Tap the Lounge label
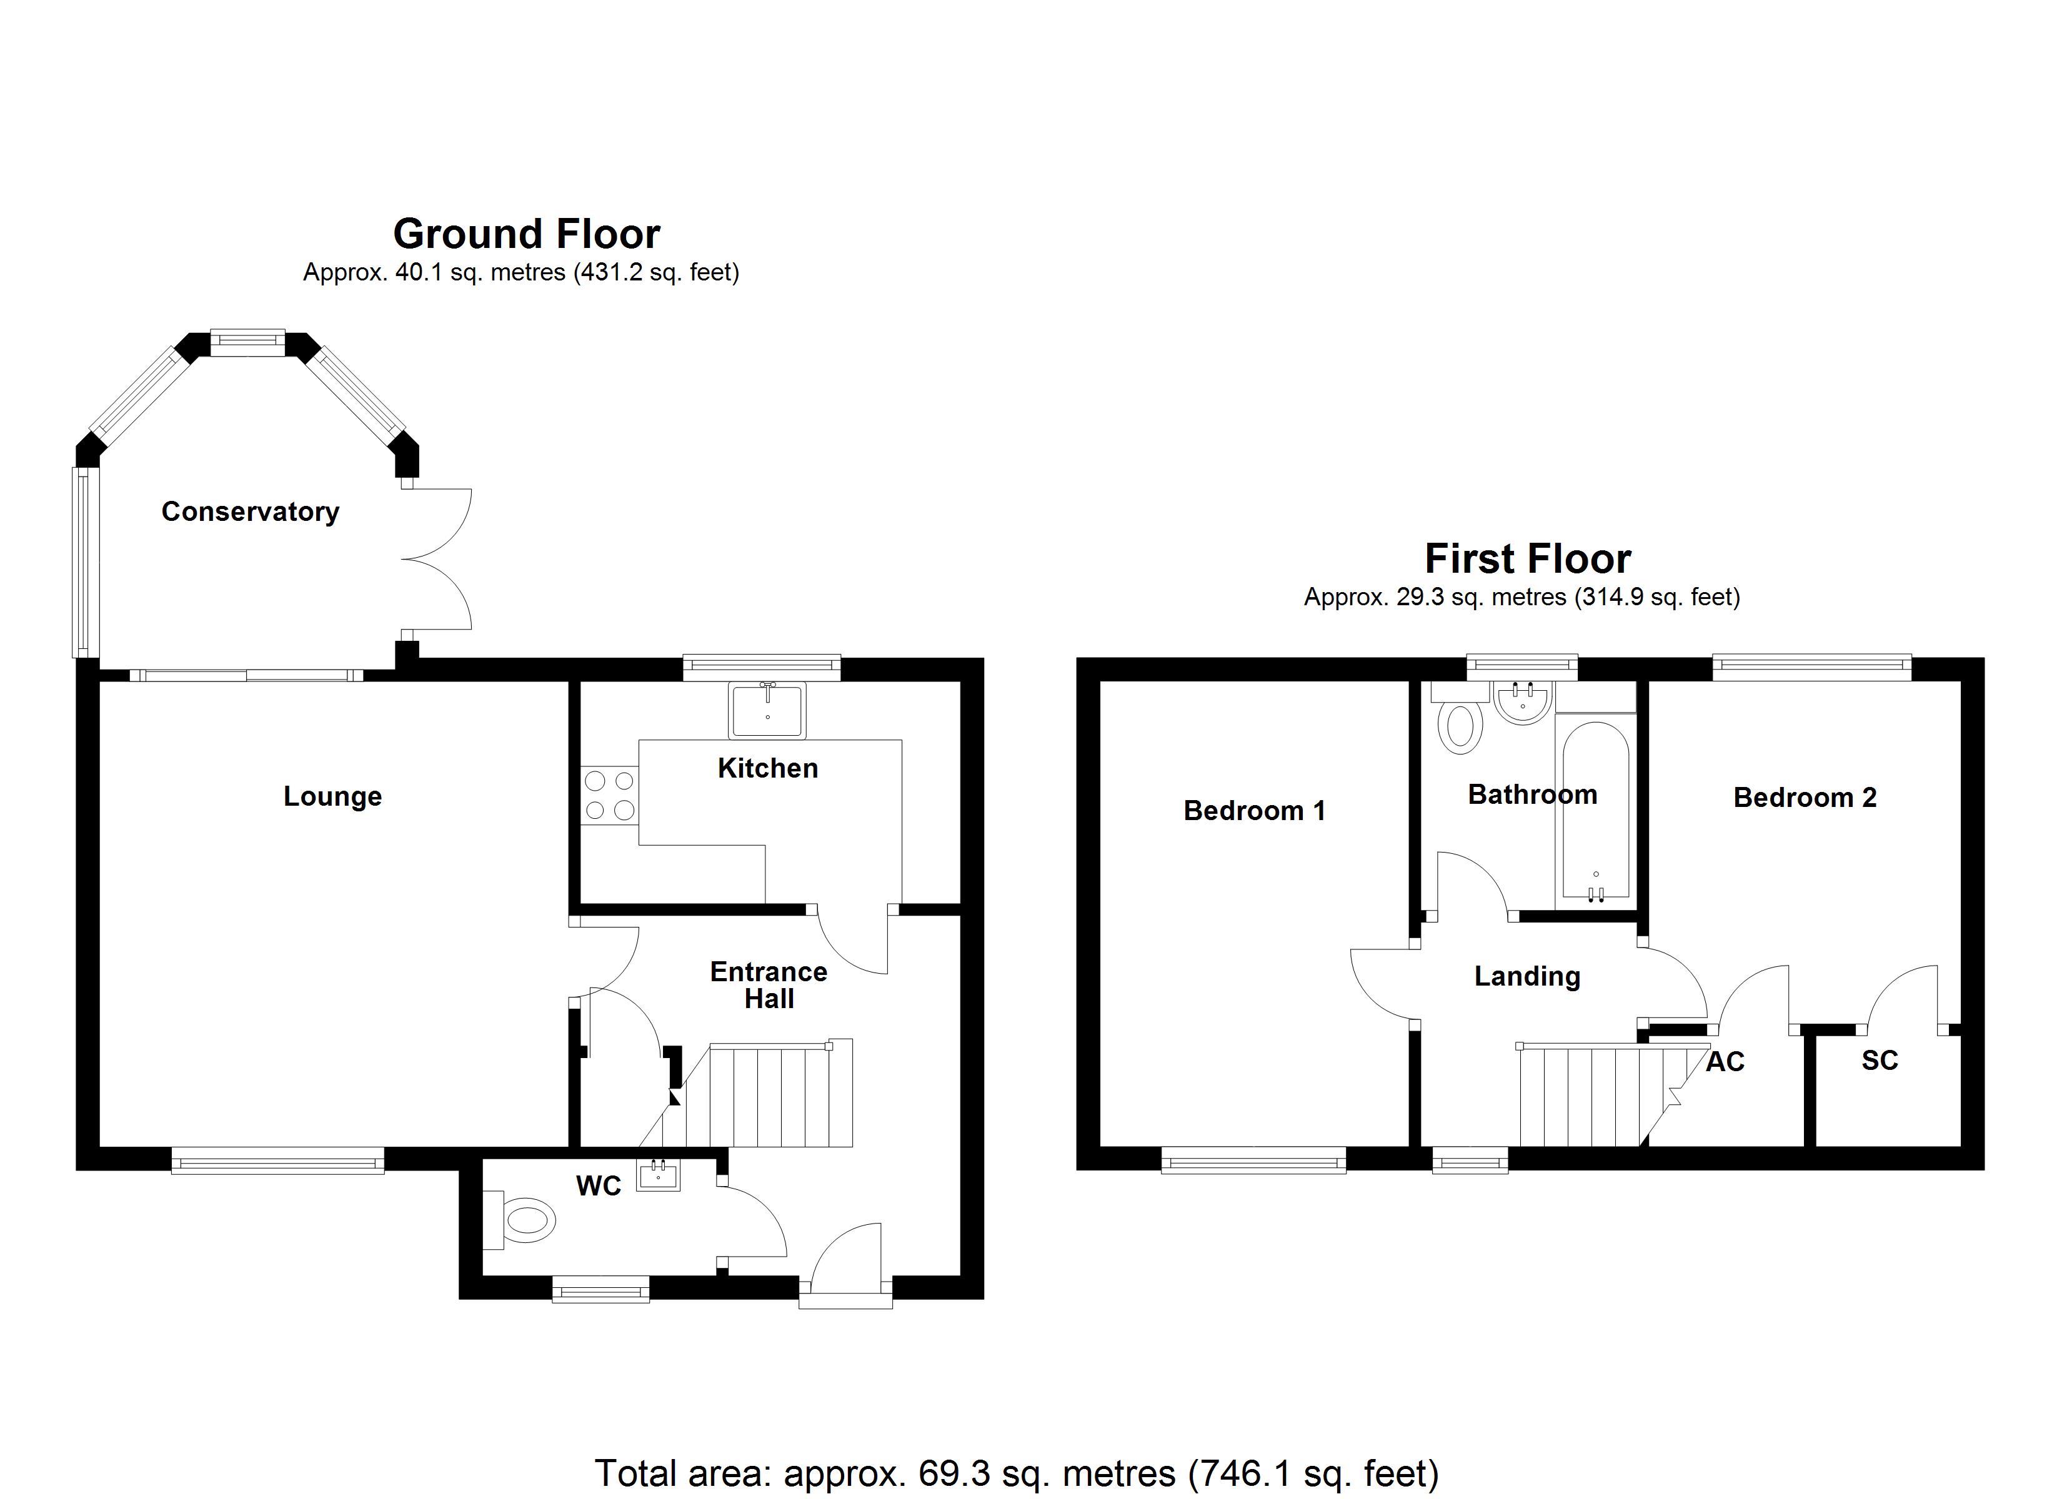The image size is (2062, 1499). click(333, 796)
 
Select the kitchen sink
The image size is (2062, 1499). click(767, 711)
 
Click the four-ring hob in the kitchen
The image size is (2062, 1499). click(609, 794)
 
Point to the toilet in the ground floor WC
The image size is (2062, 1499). click(527, 1219)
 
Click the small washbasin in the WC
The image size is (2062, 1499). click(657, 1176)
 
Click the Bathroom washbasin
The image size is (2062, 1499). click(1521, 704)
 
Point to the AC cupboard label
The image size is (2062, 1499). click(1725, 1062)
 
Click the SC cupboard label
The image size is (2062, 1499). click(1880, 1060)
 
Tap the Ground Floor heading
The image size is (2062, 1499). click(526, 235)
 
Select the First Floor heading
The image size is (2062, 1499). click(1527, 559)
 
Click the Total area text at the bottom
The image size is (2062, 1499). click(1017, 1473)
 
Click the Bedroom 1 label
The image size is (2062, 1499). click(1253, 810)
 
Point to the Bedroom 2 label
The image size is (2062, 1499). click(1805, 797)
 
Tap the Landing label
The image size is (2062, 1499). click(1527, 976)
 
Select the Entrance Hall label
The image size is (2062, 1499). click(769, 986)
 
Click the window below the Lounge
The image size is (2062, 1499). click(277, 1161)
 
